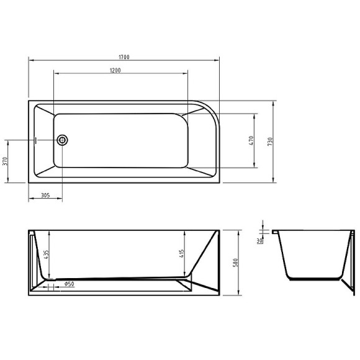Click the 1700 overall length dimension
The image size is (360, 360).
[124, 56]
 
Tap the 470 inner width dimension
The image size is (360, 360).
[251, 140]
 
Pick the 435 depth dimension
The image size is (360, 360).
[45, 255]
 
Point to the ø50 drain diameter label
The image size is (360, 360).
[69, 284]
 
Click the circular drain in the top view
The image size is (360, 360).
[62, 140]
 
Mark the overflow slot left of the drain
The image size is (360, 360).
[37, 140]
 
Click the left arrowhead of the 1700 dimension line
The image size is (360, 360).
[30, 60]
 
